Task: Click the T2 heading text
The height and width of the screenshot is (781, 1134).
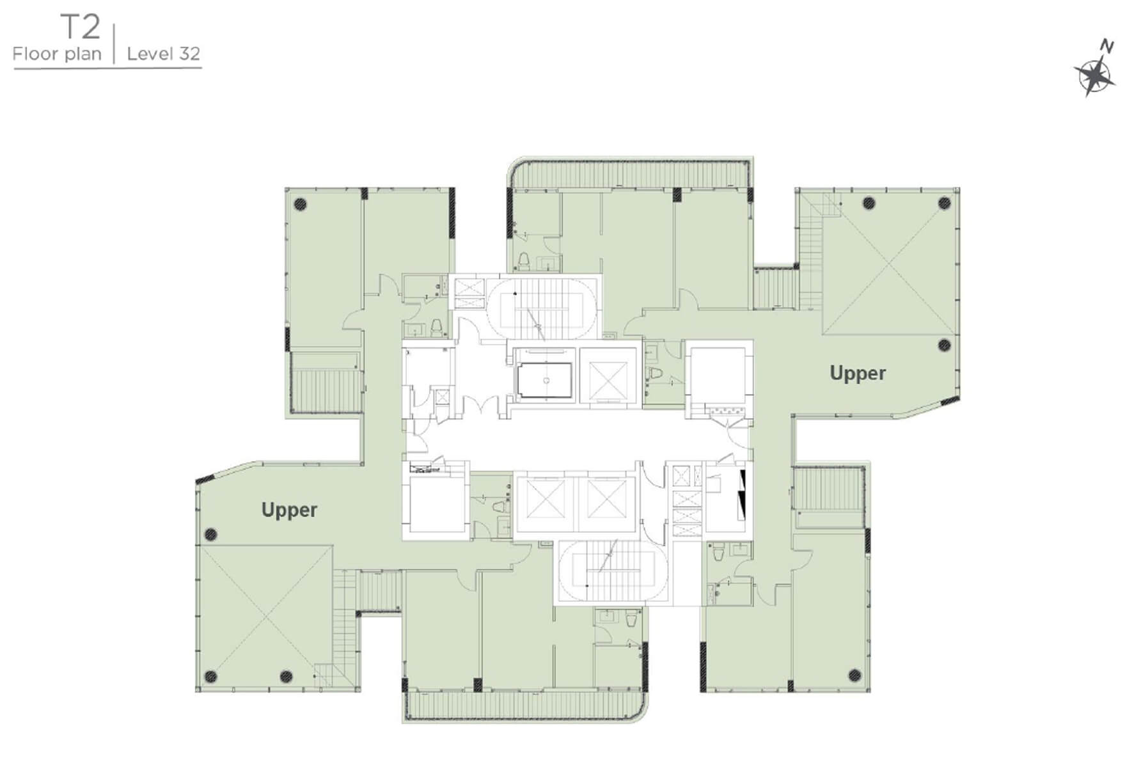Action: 81,28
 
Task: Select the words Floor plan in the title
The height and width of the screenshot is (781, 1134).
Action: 57,54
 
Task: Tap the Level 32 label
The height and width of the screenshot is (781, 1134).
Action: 164,54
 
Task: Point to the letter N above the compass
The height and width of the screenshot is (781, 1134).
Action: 1107,46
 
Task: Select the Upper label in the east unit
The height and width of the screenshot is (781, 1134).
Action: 858,373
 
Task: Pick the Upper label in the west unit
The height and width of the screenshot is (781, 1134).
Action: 289,510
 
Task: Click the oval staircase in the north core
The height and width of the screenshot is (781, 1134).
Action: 542,306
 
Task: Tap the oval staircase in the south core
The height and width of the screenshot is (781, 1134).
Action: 613,571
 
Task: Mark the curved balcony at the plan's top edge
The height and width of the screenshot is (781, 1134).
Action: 630,173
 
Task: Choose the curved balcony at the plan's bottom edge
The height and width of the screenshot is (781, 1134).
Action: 524,706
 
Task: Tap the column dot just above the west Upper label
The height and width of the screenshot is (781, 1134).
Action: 210,535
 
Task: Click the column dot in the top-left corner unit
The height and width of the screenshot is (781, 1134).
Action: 299,205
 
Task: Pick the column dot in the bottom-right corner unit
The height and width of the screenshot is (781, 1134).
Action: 854,675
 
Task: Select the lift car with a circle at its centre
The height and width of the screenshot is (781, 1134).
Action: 544,380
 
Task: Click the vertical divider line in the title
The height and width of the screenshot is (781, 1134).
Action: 114,43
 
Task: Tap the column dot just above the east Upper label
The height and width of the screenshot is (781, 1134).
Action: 944,345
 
